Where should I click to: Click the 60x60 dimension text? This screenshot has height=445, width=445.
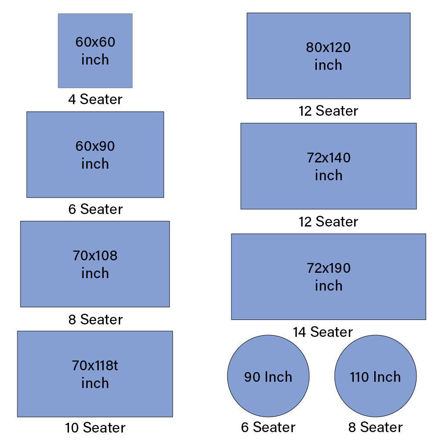(x=95, y=42)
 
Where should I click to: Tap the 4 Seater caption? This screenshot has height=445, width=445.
(x=95, y=99)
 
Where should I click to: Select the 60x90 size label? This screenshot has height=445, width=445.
(x=95, y=146)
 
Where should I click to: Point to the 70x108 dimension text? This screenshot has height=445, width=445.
(x=95, y=256)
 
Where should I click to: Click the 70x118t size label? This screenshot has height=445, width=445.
(x=95, y=365)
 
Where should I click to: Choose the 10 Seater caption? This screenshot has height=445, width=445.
(x=95, y=428)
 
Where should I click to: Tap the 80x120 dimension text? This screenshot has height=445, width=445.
(x=328, y=48)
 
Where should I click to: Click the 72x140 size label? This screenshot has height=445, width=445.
(x=329, y=158)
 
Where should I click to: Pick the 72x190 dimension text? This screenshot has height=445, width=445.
(x=329, y=268)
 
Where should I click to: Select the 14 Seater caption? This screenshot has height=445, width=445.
(x=323, y=332)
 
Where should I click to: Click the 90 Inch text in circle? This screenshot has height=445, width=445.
(x=268, y=377)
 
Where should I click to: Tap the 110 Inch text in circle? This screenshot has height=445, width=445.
(x=376, y=377)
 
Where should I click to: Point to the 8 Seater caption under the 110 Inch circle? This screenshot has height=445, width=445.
(x=376, y=427)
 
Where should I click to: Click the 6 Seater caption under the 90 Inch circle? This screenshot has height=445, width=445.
(x=268, y=427)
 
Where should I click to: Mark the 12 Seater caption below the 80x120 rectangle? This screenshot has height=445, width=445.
(x=328, y=111)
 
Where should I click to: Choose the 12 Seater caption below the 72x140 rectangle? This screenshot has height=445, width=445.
(x=328, y=222)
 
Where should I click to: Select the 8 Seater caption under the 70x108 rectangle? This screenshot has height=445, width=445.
(x=96, y=320)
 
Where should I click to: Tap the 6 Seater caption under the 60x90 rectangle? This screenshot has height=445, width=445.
(x=96, y=209)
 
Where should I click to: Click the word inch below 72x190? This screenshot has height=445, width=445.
(x=329, y=286)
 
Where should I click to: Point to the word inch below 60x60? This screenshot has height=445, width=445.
(x=95, y=60)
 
